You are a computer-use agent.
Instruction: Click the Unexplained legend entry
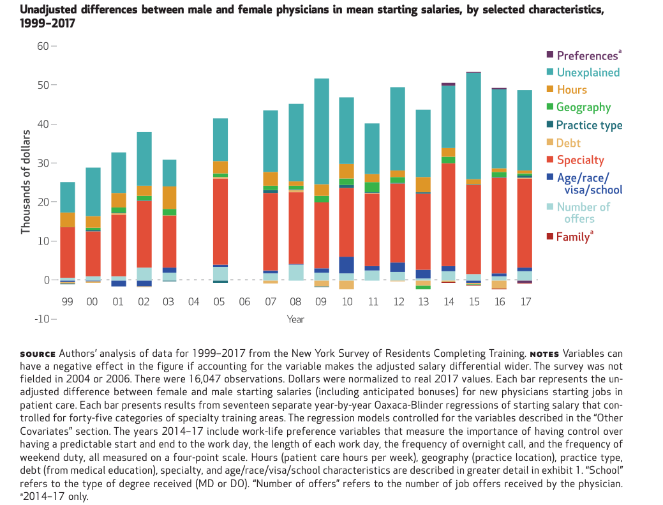[588, 73]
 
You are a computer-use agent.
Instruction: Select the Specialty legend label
[580, 160]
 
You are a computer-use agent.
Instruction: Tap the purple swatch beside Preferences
[550, 56]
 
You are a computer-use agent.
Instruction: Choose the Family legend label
[572, 237]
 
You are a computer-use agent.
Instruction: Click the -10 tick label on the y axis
[40, 319]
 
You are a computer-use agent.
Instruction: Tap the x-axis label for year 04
[194, 302]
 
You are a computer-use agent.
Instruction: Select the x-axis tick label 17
[525, 302]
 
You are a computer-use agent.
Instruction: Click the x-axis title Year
[295, 319]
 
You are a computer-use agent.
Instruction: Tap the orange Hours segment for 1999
[68, 220]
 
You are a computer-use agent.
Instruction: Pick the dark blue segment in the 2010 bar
[346, 265]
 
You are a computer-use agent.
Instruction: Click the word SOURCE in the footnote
[38, 354]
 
